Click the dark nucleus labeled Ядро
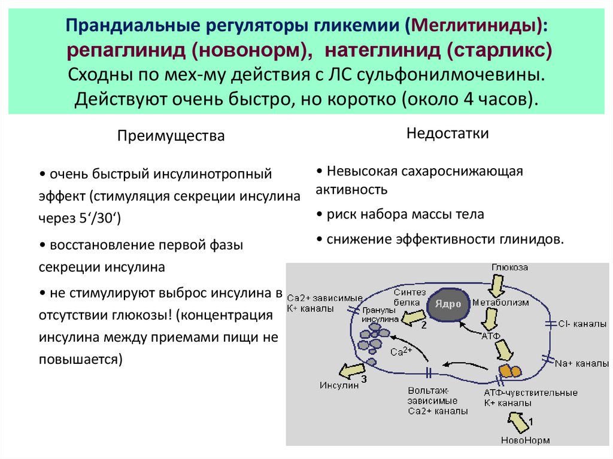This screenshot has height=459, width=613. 448,304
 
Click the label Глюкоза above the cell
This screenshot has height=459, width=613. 510,268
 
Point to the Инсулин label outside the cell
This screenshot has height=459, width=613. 339,385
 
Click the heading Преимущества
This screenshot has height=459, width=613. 171,136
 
